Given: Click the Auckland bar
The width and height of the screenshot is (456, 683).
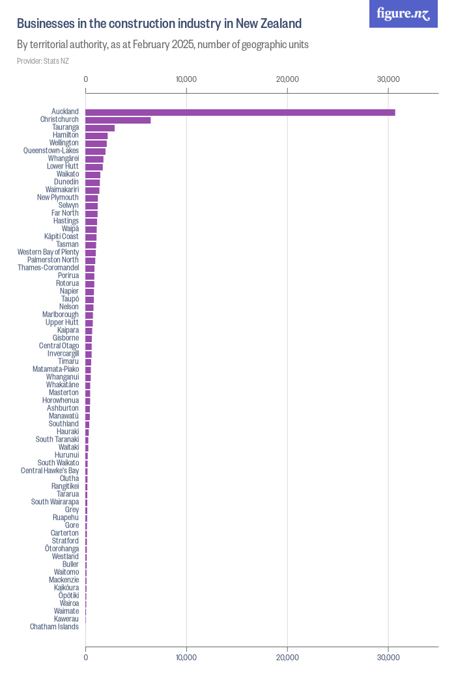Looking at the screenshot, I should click(240, 113).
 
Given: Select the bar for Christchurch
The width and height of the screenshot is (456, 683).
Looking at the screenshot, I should click(118, 120).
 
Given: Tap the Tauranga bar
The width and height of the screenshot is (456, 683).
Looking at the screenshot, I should click(100, 128).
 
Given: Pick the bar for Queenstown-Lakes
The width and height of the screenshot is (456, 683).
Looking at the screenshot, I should click(95, 152).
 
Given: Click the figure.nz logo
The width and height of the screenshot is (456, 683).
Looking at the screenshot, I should click(404, 14).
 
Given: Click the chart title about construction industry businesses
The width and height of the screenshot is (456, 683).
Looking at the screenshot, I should click(159, 24).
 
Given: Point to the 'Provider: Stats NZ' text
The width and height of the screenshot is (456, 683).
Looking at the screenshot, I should click(43, 61).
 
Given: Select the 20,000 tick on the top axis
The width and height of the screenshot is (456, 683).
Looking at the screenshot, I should click(287, 79).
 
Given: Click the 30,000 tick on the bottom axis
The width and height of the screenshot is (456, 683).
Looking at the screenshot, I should click(388, 658).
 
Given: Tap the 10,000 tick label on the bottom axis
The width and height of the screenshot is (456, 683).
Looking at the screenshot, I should click(186, 658).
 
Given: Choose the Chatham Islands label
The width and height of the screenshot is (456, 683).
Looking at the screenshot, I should click(54, 627).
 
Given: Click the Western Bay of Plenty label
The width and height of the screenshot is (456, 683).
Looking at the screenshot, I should click(48, 252).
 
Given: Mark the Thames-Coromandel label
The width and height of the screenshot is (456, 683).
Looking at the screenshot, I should click(48, 268).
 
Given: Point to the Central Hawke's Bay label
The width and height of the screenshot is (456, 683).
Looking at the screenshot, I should click(50, 471).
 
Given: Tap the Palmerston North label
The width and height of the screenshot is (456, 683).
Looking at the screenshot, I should click(53, 260).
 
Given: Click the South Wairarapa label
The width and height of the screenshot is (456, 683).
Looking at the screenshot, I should click(55, 502).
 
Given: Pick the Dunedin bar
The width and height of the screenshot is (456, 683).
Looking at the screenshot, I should click(93, 183).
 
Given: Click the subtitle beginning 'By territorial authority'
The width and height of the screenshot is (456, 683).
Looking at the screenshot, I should click(162, 45).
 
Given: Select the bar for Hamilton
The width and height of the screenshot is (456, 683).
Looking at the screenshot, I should click(96, 136).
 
